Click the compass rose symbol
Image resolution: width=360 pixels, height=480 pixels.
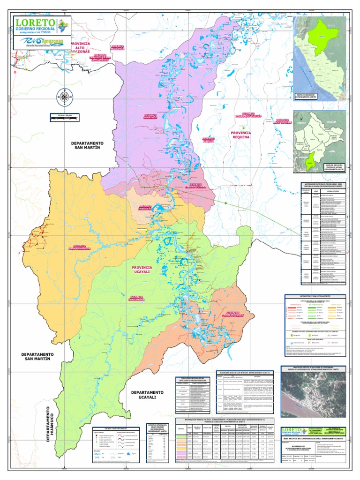point(64,97)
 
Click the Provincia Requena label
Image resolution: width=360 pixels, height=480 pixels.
point(241,135)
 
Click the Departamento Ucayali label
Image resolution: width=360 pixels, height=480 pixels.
point(147,395)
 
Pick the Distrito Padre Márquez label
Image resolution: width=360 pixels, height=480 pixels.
point(239,313)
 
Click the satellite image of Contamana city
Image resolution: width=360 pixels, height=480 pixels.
point(314,391)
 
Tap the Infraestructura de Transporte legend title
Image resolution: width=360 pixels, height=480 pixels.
point(314,297)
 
